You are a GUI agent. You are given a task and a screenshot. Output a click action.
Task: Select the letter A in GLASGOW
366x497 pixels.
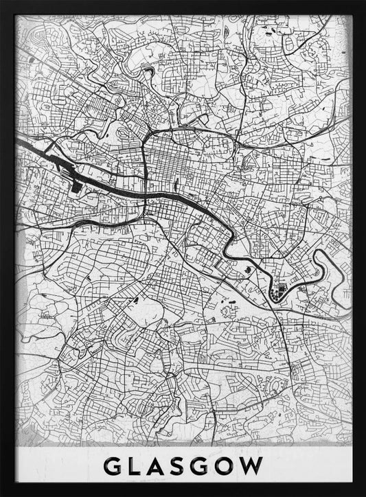coord(162,466)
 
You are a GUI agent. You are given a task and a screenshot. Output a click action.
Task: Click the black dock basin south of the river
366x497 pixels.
coord(74,183)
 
